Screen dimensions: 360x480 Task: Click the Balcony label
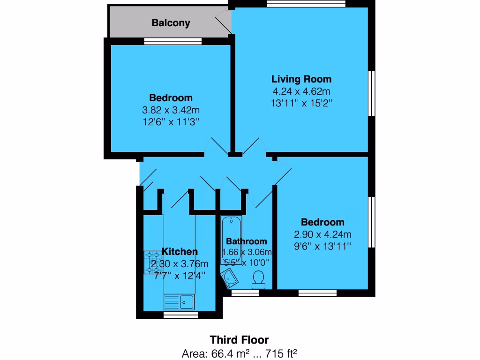tap(171, 23)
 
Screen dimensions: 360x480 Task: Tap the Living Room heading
tap(302, 79)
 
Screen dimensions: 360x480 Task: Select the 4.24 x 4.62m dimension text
tap(302, 91)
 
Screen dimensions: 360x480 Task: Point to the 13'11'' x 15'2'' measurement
tap(302, 103)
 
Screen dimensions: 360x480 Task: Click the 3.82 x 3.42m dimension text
tap(171, 111)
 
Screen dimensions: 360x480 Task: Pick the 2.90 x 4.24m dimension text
tap(322, 234)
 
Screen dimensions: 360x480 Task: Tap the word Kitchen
tap(180, 252)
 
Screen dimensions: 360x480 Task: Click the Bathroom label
tap(247, 241)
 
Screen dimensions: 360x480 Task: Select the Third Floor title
tap(240, 339)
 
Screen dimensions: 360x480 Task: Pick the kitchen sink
tap(180, 301)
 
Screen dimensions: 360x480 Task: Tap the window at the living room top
tap(306, 4)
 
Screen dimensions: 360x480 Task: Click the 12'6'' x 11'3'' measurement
tap(171, 122)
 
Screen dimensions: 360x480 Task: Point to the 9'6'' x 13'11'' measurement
tap(322, 247)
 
